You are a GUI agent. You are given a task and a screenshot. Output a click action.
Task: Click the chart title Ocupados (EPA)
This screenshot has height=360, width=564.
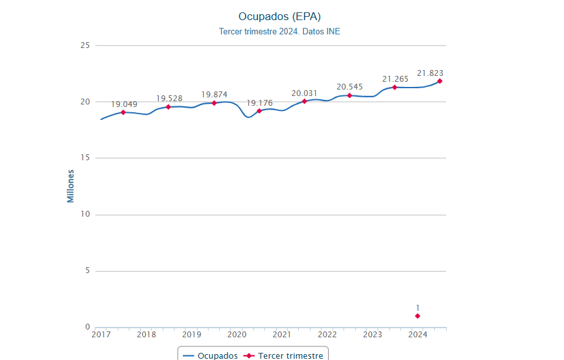(x=279, y=16)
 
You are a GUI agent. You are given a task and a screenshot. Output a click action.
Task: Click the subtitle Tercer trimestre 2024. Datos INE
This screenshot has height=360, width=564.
(x=279, y=31)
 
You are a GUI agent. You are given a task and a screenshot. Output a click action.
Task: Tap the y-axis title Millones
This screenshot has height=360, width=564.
(x=71, y=186)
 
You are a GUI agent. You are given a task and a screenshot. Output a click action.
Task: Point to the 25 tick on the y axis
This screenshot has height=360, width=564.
(x=85, y=45)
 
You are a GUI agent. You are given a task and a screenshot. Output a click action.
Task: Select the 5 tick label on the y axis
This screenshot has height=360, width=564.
(x=87, y=271)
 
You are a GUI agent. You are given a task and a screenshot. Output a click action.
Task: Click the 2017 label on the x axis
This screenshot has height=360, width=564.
(x=101, y=335)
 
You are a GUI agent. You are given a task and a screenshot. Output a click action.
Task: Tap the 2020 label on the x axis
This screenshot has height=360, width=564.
(x=237, y=335)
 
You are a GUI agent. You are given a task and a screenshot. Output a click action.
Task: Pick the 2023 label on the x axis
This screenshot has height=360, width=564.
(x=372, y=335)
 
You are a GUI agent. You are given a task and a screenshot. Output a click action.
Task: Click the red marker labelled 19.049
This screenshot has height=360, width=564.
(x=123, y=112)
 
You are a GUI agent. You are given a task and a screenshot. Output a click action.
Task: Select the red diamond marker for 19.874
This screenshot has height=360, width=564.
(x=214, y=103)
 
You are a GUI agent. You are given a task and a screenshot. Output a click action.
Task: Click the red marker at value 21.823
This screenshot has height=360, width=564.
(x=440, y=81)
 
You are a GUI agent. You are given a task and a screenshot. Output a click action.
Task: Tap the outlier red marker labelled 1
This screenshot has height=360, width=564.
(x=417, y=316)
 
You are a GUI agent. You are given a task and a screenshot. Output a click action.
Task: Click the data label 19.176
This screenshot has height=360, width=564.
(x=259, y=103)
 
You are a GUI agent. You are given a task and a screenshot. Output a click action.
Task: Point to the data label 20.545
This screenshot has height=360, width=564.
(x=349, y=87)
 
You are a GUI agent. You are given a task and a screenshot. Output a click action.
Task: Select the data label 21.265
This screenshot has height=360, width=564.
(x=395, y=79)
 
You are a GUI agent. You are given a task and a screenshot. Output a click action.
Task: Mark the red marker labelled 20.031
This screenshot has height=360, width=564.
(x=304, y=101)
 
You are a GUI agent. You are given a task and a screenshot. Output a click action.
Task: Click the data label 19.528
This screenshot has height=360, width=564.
(x=169, y=99)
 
